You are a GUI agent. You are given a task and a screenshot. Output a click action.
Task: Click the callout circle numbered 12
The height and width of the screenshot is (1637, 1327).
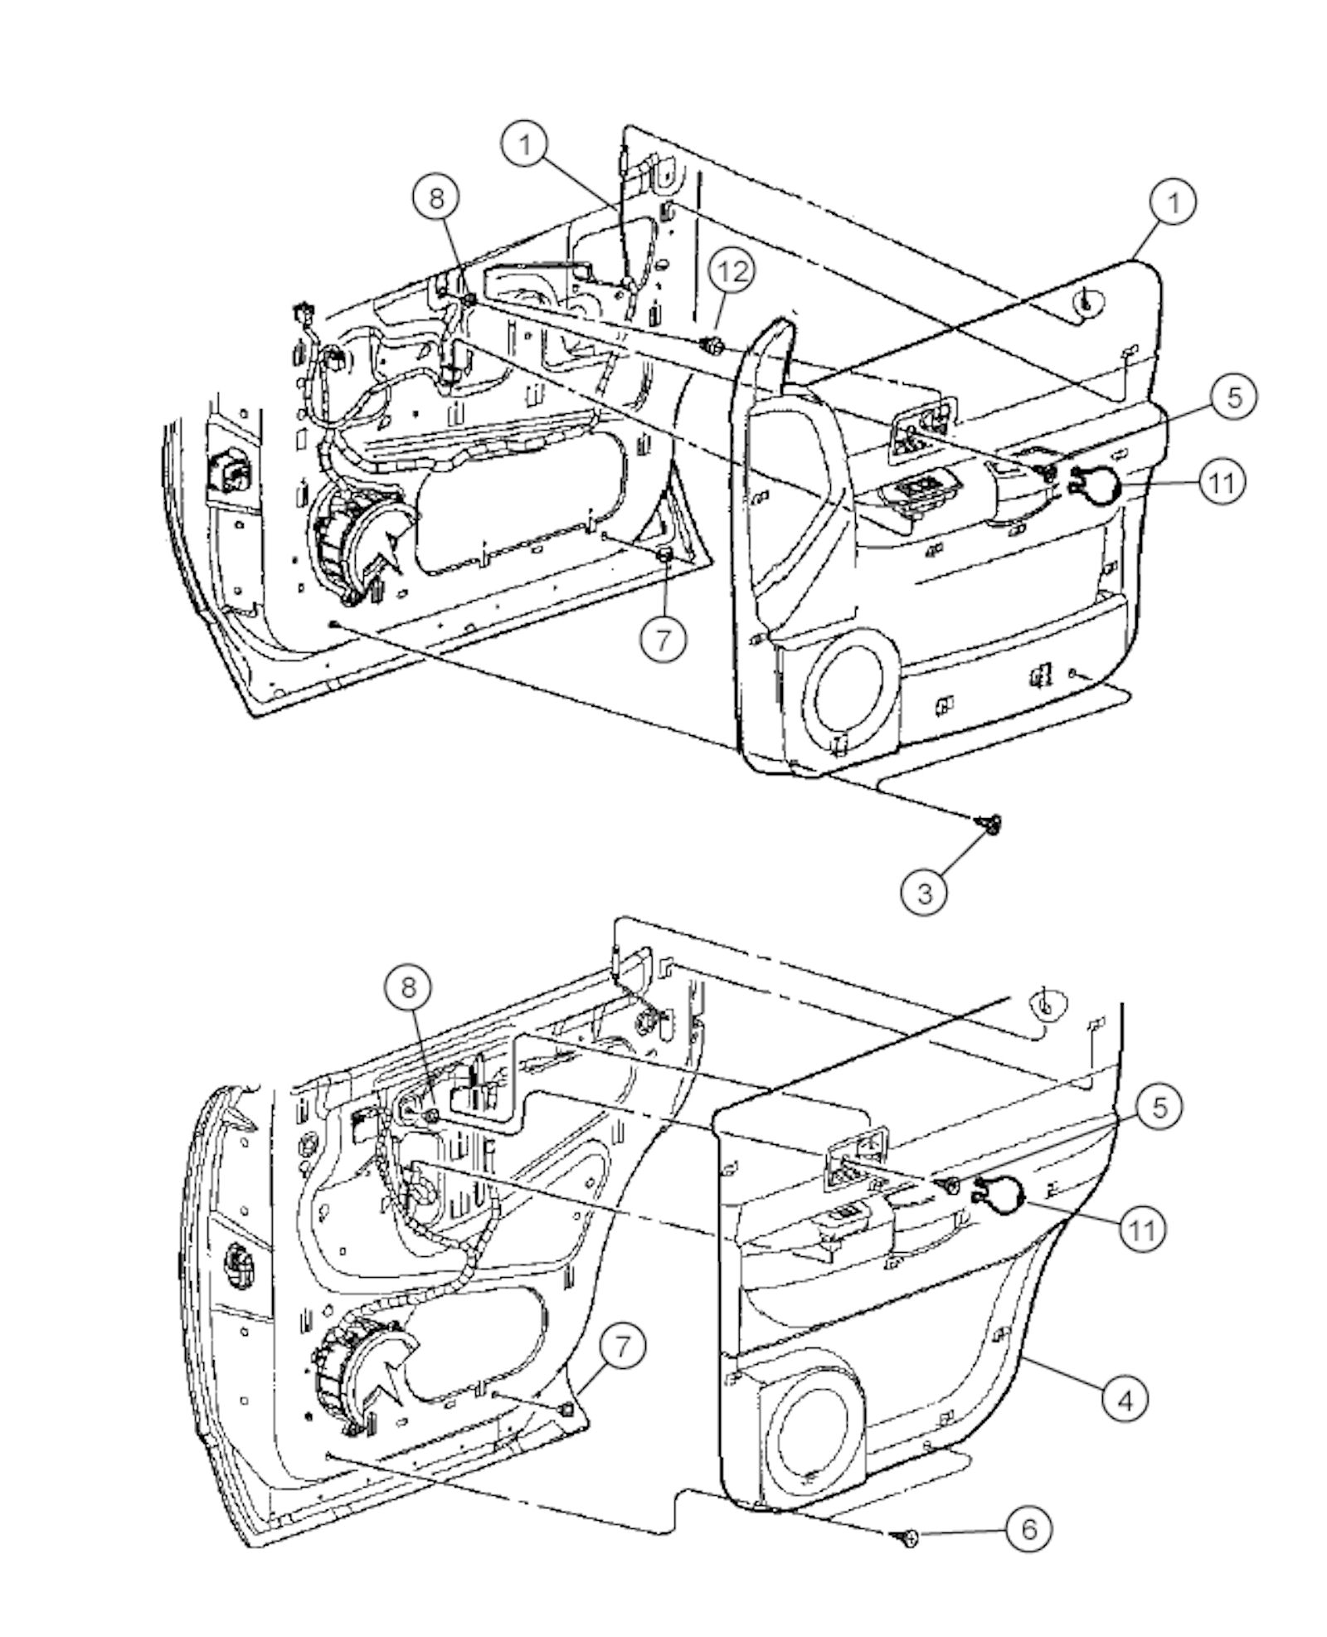click(732, 270)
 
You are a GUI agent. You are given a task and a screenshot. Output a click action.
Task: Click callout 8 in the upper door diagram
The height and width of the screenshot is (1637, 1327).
click(437, 198)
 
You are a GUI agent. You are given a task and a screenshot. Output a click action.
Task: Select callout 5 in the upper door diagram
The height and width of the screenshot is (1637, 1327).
click(1234, 397)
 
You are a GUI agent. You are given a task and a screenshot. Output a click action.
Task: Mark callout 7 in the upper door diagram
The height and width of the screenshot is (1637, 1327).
click(663, 640)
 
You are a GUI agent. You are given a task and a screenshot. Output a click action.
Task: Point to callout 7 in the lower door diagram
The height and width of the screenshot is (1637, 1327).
click(621, 1347)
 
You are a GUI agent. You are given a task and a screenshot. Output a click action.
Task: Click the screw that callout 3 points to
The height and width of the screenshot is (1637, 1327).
click(990, 822)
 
